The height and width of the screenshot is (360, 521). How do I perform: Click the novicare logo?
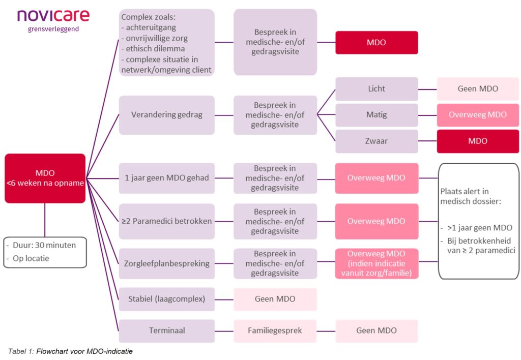tap(53, 20)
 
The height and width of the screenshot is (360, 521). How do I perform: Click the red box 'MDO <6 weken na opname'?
tap(45, 178)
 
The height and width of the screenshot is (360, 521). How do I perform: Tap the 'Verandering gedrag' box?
tap(167, 115)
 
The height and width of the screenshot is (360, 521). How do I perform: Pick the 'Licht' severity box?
tap(377, 89)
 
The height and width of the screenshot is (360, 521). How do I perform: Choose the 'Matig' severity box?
tap(377, 115)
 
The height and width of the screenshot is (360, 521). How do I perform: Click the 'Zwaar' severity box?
tap(377, 141)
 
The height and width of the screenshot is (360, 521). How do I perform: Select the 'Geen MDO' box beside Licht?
tap(478, 89)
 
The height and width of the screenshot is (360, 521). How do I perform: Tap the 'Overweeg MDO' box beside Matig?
tap(478, 115)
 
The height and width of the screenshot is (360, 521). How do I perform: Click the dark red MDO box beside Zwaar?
tap(478, 141)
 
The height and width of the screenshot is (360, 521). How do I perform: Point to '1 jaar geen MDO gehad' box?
tap(167, 178)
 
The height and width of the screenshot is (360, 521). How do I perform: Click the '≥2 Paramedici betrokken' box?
tap(167, 221)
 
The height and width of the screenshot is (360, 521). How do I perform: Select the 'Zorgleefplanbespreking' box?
tap(167, 264)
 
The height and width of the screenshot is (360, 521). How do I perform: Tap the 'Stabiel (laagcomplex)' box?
tap(167, 299)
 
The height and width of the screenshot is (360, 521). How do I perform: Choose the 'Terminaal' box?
tap(167, 331)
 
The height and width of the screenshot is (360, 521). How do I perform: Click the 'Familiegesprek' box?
tap(275, 331)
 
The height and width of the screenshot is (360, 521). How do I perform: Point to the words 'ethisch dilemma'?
tap(155, 49)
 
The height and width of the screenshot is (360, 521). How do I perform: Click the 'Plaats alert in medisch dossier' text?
tap(471, 196)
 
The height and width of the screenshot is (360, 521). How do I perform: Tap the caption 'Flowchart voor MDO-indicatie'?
tap(84, 351)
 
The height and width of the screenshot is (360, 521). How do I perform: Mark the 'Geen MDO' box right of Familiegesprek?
tap(377, 331)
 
